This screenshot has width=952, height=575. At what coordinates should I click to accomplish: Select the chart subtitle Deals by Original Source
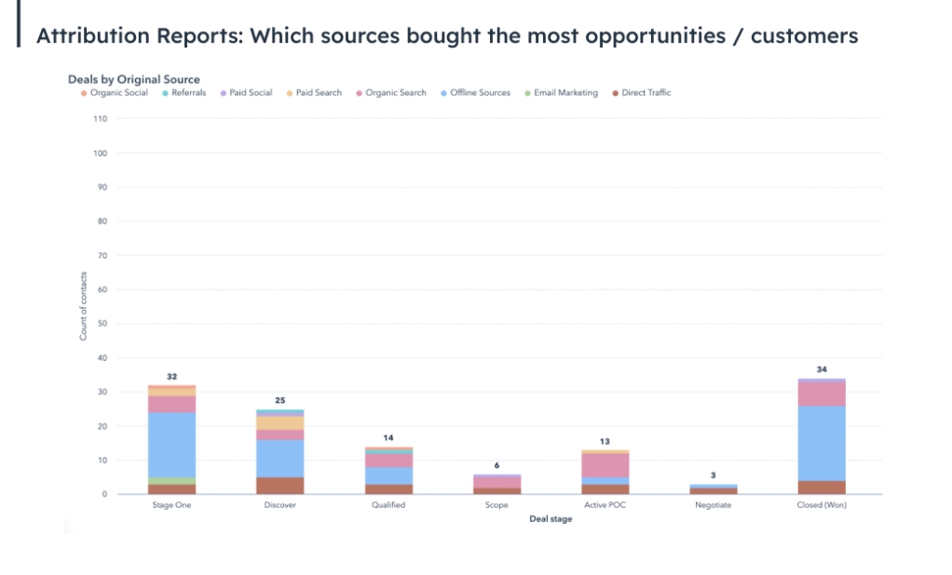pyautogui.click(x=133, y=79)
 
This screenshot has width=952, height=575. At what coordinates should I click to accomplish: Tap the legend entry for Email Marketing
pyautogui.click(x=565, y=93)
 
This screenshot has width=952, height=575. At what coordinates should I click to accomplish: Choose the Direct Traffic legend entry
pyautogui.click(x=646, y=93)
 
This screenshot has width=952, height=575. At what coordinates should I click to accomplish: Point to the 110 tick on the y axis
pyautogui.click(x=101, y=119)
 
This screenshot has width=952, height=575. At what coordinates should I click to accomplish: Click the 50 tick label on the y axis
pyautogui.click(x=102, y=324)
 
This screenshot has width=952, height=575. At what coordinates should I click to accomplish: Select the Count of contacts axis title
pyautogui.click(x=83, y=306)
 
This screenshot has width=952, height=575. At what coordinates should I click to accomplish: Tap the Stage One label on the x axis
pyautogui.click(x=171, y=505)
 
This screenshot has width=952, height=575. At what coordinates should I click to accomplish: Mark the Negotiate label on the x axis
pyautogui.click(x=713, y=505)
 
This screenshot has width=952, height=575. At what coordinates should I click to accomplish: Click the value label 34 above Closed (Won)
pyautogui.click(x=821, y=369)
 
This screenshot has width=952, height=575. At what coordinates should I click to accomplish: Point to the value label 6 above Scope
pyautogui.click(x=496, y=464)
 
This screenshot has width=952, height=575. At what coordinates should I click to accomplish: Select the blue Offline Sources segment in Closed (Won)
pyautogui.click(x=821, y=443)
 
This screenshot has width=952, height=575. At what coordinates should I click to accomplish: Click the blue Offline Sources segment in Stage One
pyautogui.click(x=171, y=445)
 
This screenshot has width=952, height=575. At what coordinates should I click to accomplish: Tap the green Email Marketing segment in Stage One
pyautogui.click(x=171, y=481)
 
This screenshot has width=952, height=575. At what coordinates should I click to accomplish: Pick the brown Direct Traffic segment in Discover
pyautogui.click(x=279, y=486)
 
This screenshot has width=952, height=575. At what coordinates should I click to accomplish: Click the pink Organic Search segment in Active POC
pyautogui.click(x=605, y=465)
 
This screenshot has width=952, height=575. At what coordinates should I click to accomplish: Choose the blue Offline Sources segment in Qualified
pyautogui.click(x=388, y=475)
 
